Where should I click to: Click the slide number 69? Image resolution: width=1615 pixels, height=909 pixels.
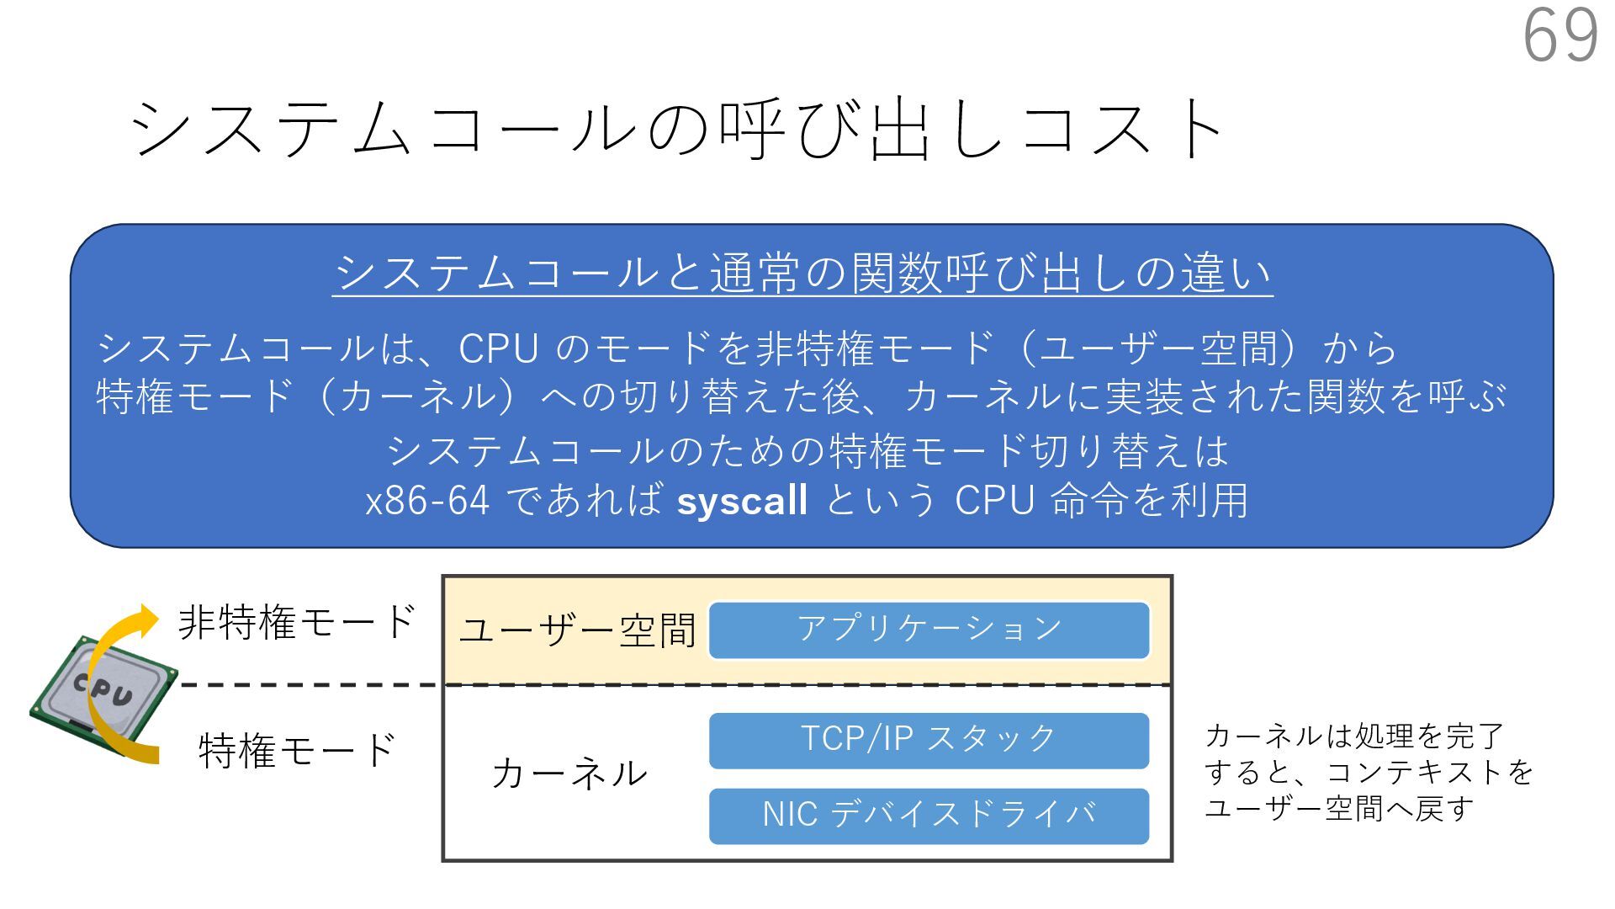[1560, 35]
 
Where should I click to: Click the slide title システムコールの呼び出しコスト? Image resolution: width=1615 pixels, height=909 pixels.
[678, 129]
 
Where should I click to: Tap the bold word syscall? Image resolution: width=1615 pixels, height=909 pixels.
[742, 501]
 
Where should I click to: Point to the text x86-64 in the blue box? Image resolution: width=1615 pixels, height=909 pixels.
[427, 501]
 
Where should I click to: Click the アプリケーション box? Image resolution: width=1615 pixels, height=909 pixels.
[929, 630]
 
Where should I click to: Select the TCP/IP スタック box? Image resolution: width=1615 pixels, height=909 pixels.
[929, 740]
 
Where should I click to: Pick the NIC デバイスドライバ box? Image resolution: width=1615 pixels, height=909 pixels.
[929, 816]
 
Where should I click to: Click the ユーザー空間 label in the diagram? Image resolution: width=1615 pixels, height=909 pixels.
[577, 630]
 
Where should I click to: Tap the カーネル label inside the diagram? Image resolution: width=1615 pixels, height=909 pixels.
[569, 773]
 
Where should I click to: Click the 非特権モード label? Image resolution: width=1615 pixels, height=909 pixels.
[297, 623]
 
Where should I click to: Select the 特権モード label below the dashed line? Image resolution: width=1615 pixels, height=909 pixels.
[297, 750]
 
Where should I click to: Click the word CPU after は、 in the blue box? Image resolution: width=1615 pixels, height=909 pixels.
[498, 348]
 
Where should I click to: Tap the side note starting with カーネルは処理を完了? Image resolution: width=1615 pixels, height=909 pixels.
[1368, 772]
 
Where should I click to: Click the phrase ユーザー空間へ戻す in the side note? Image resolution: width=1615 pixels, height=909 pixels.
[1339, 809]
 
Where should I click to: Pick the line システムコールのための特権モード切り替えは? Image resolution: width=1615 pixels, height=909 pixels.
[807, 451]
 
